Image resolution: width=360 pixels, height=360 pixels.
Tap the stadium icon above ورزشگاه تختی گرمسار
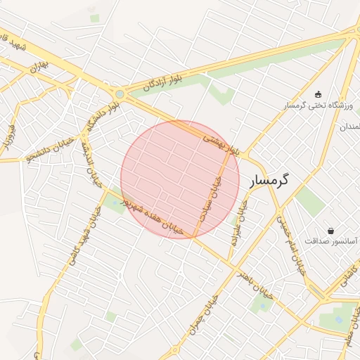click(318, 94)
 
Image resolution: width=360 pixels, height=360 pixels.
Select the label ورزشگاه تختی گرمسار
click(321, 105)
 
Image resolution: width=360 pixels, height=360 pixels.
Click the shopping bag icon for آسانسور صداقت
click(330, 231)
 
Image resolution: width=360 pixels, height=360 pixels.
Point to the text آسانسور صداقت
click(330, 241)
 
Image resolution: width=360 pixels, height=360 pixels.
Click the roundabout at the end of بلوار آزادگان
click(120, 94)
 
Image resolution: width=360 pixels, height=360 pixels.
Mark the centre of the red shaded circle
click(180, 179)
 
